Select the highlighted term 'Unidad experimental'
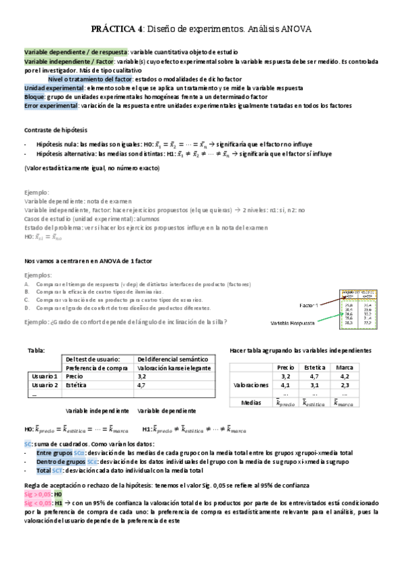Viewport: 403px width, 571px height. click(54, 88)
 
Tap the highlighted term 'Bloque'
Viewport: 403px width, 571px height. click(35, 97)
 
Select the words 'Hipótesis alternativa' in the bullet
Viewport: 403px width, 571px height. click(66, 154)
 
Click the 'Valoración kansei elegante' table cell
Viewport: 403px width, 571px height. click(174, 368)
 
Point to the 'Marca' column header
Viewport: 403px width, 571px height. click(344, 367)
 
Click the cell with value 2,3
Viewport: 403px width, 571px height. click(344, 385)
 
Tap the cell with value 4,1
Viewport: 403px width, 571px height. click(285, 385)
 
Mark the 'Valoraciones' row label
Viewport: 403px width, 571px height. click(250, 385)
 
